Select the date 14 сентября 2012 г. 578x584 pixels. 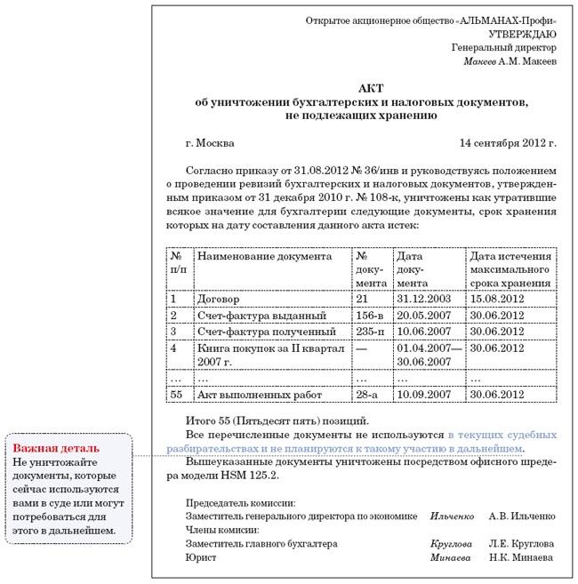[x=508, y=142]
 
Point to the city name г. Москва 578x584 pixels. [x=210, y=142]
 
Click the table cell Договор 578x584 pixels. [x=218, y=300]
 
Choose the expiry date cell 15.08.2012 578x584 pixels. [x=499, y=300]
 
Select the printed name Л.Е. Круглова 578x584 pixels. [x=522, y=543]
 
